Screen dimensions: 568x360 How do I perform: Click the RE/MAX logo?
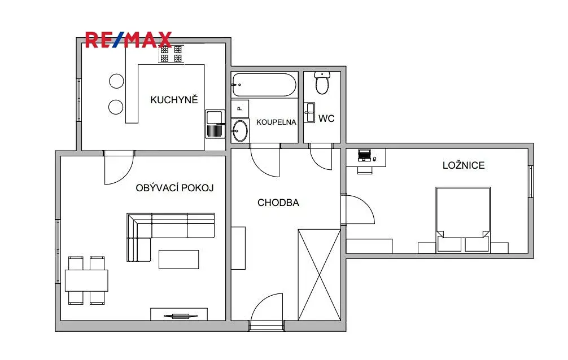[128, 40]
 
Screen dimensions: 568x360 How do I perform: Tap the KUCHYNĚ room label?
[174, 100]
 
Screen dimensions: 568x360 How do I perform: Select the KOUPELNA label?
[277, 122]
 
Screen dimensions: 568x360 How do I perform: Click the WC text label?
[326, 118]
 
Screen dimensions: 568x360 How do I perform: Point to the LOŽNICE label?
[464, 165]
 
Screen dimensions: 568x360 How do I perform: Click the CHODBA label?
[278, 203]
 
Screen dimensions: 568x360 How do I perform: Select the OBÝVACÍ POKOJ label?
[174, 187]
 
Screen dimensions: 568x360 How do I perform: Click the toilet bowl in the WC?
[322, 82]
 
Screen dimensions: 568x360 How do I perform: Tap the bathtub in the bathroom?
[264, 85]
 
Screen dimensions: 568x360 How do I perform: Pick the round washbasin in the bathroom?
[240, 131]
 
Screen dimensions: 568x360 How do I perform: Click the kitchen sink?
[215, 124]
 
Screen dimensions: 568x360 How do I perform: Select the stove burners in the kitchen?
[171, 54]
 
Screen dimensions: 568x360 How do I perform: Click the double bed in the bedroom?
[463, 219]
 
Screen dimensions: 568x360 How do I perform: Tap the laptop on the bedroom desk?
[364, 155]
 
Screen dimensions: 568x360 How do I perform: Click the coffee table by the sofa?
[178, 260]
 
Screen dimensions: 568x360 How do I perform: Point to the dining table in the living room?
[86, 280]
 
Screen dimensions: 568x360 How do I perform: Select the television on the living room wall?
[181, 316]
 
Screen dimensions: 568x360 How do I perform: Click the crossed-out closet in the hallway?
[319, 275]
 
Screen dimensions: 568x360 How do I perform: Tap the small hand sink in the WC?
[309, 112]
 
